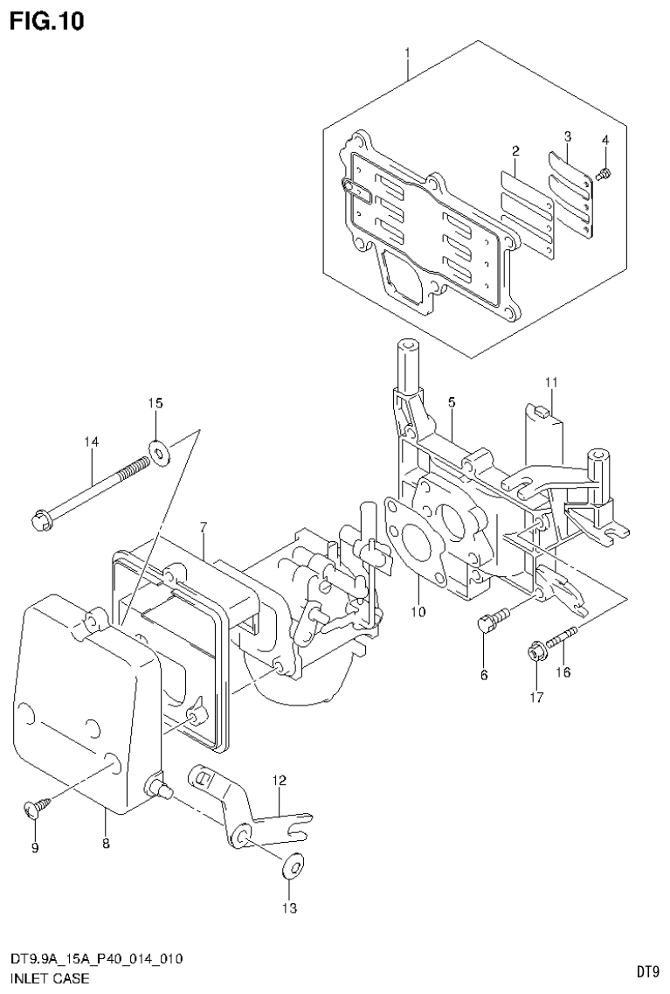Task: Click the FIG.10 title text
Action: [x=47, y=21]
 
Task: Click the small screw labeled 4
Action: [x=602, y=175]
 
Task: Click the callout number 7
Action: [x=203, y=527]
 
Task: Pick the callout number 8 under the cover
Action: [x=105, y=843]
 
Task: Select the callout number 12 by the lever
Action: [x=278, y=779]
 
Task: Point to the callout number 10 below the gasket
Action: [x=419, y=612]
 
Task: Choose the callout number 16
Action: [x=563, y=671]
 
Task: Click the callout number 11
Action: [x=551, y=382]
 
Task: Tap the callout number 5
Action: [x=452, y=401]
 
